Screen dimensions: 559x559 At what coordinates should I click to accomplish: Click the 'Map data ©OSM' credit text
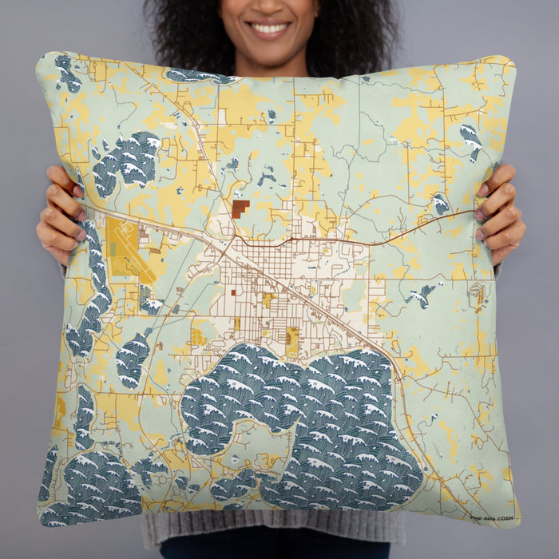pyautogui.click(x=493, y=517)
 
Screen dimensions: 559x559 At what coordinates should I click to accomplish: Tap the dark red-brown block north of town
pyautogui.click(x=240, y=208)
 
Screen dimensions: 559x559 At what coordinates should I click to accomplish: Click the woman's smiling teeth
pyautogui.click(x=269, y=29)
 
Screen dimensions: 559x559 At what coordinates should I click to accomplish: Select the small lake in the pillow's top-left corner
pyautogui.click(x=68, y=73)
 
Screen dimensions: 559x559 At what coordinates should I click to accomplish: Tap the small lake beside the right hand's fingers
pyautogui.click(x=441, y=204)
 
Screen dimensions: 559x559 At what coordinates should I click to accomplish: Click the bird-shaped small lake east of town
pyautogui.click(x=421, y=296)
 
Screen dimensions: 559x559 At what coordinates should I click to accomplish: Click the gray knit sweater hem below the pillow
pyautogui.click(x=272, y=530)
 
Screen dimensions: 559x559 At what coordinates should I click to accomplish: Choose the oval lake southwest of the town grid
pyautogui.click(x=133, y=359)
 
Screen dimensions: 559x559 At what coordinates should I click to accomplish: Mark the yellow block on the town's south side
pyautogui.click(x=292, y=341)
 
